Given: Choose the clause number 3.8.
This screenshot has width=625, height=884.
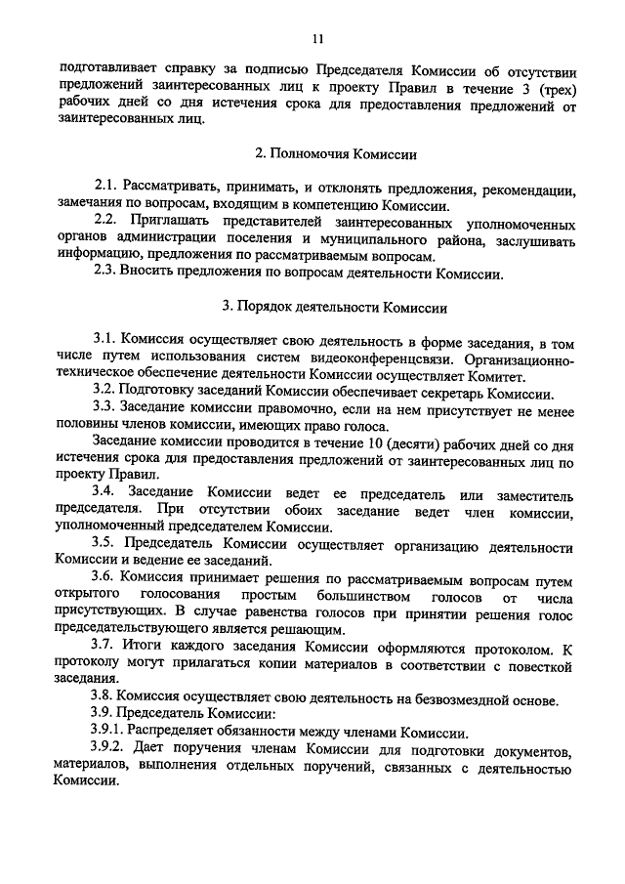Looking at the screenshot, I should (x=104, y=698).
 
